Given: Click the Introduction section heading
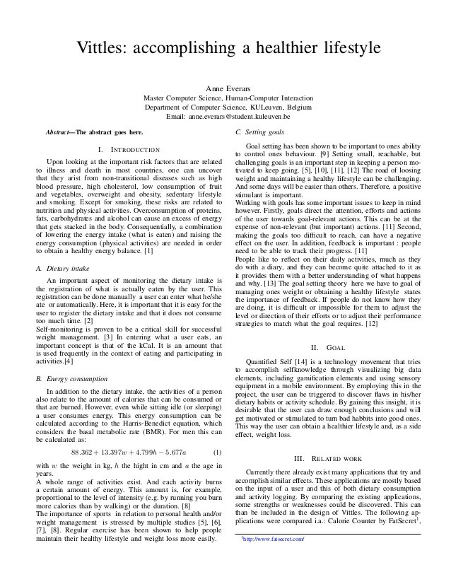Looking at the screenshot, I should point(133,148).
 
